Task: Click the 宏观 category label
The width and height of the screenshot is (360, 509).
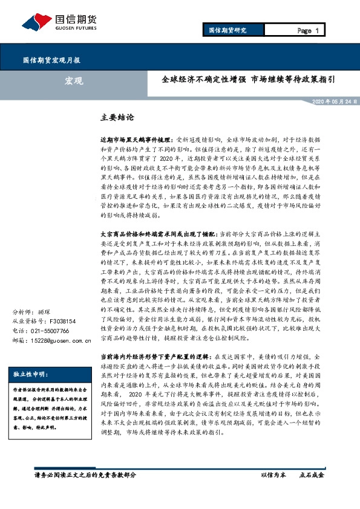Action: tap(74, 80)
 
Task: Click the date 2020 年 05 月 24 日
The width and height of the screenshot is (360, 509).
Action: tap(323, 102)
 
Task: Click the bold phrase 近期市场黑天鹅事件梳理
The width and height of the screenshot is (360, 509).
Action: tap(135, 138)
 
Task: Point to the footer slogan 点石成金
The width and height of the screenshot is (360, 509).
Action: tap(312, 492)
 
